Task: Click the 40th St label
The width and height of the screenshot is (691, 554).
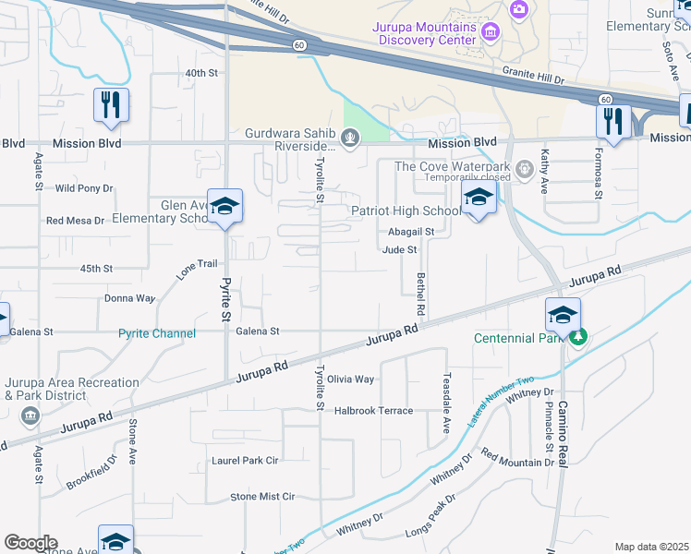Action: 200,72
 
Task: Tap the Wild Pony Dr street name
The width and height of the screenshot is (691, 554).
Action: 83,187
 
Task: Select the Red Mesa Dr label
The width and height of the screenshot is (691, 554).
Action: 76,221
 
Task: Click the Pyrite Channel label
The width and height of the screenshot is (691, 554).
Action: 157,333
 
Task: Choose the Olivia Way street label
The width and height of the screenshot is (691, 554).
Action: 351,379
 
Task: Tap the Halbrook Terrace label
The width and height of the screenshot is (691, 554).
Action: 373,410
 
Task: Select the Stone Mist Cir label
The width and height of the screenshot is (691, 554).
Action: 262,496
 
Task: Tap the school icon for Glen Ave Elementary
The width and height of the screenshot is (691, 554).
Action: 224,207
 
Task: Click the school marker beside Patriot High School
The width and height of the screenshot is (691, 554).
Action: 479,199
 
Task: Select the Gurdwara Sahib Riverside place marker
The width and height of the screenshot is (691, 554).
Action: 349,139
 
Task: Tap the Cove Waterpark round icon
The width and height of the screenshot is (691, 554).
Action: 524,168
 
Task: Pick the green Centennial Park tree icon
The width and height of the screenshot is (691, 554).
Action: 578,337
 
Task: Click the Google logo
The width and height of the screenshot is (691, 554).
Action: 30,542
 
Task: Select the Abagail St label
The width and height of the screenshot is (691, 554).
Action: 411,232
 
